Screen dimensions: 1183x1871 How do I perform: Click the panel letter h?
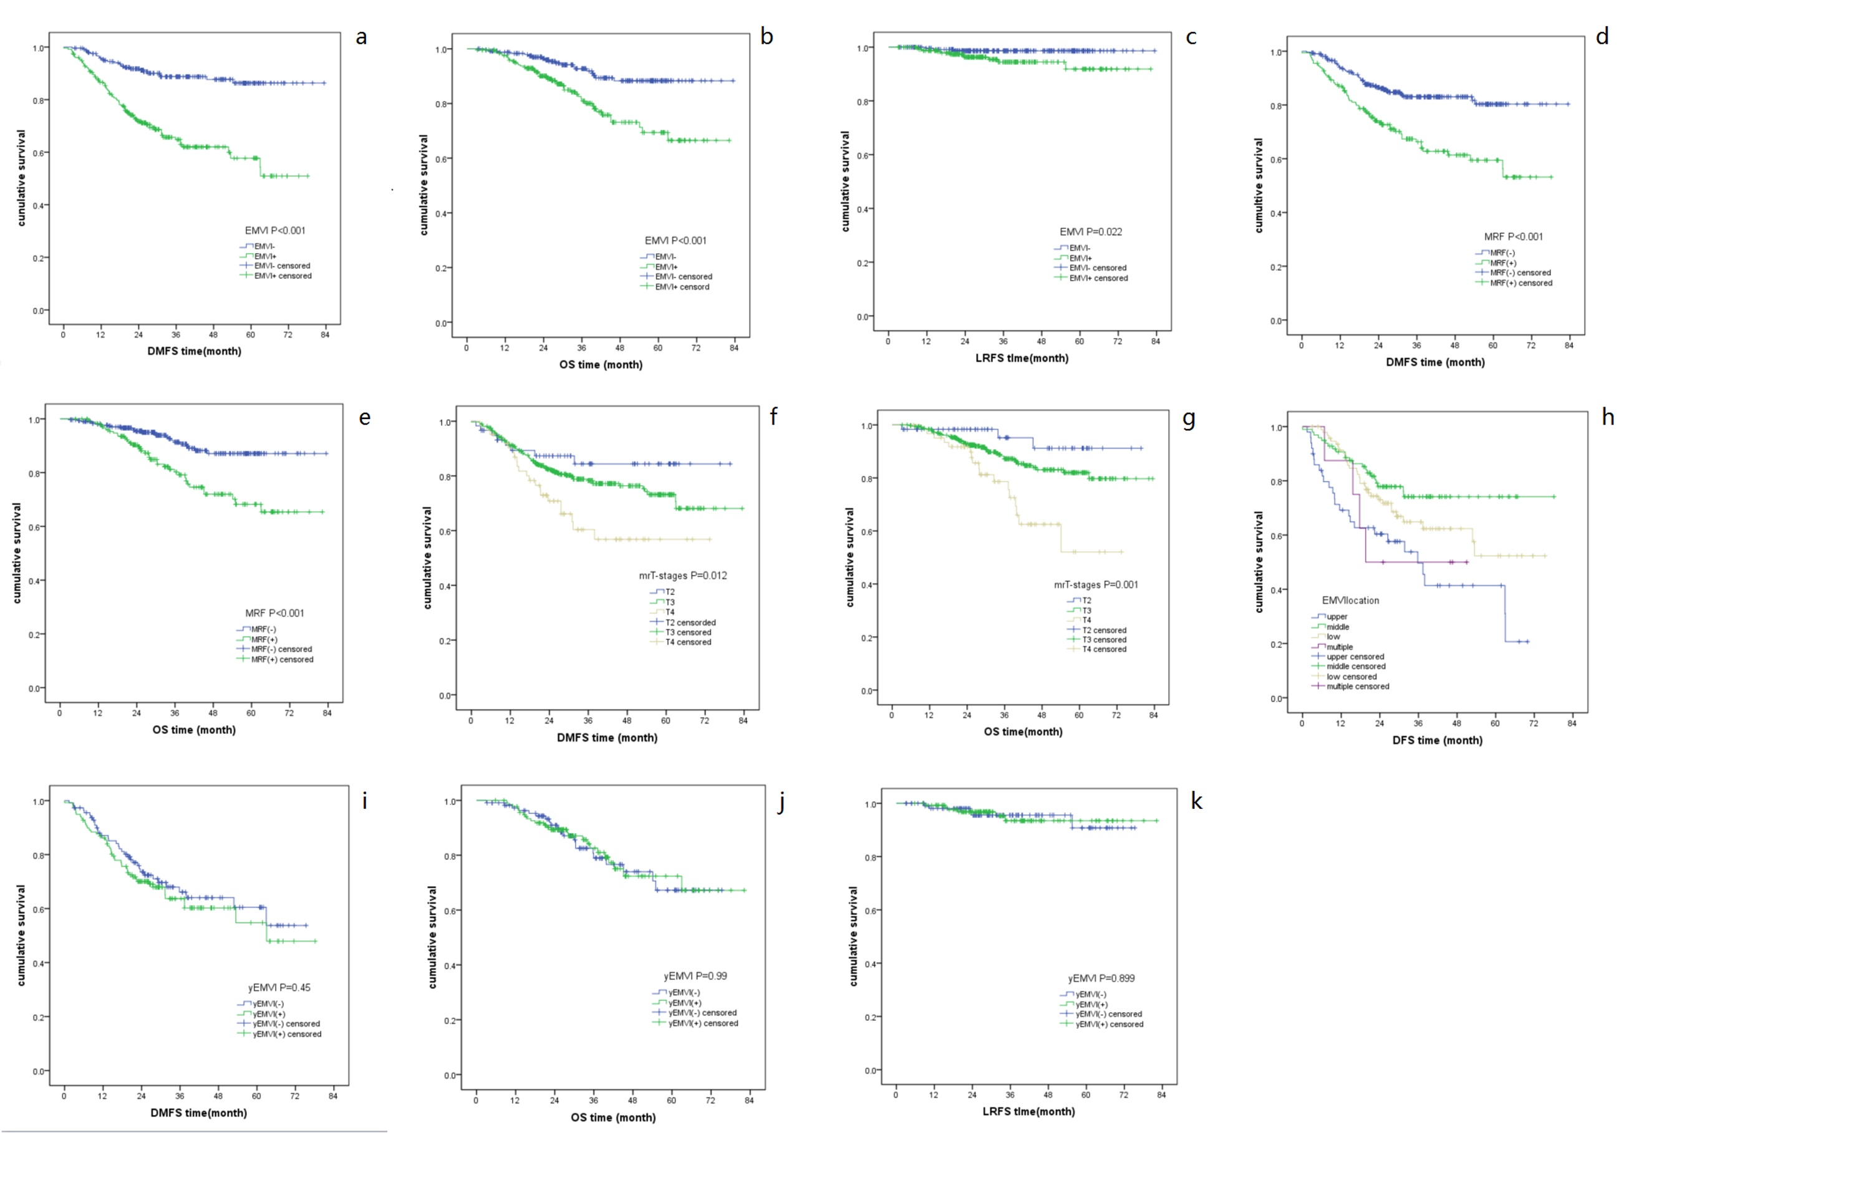(x=1608, y=417)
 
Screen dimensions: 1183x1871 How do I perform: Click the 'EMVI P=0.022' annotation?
(x=1090, y=231)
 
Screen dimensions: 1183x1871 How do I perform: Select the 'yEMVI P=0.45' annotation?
(x=279, y=987)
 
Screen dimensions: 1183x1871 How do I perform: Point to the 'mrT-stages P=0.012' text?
(x=682, y=576)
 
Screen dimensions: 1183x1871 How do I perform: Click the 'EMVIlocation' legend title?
(x=1350, y=601)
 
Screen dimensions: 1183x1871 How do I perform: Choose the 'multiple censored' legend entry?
(x=1356, y=687)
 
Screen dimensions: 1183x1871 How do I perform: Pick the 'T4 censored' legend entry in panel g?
(x=1103, y=649)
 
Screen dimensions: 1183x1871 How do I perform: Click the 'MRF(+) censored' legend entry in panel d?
(x=1520, y=282)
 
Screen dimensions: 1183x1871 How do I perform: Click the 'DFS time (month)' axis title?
(x=1437, y=740)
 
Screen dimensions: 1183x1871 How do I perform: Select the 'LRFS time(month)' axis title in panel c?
(x=1021, y=358)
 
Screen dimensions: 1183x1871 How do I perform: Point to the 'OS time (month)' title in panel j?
(x=613, y=1117)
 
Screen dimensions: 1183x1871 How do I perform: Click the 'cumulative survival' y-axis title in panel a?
(x=21, y=178)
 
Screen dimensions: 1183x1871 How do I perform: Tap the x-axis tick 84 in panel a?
(x=325, y=335)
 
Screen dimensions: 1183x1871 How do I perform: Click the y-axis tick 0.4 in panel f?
(x=446, y=586)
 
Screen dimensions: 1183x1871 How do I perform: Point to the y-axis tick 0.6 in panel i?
(x=38, y=909)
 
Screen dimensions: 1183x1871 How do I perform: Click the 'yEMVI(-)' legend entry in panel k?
(x=1091, y=994)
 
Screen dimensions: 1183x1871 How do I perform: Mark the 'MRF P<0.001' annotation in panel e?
(x=274, y=613)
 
